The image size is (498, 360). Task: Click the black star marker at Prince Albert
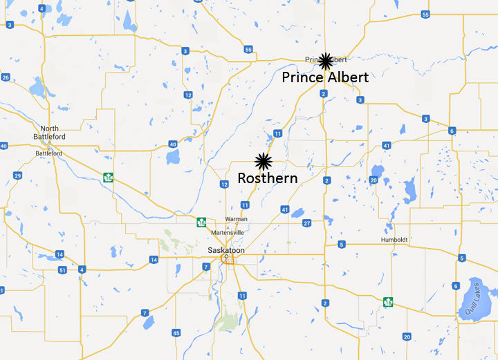pos(325,61)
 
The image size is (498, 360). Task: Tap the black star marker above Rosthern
pos(263,162)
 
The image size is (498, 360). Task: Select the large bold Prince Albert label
pos(325,77)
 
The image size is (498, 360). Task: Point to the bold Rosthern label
pos(268,178)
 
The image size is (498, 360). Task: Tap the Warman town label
pos(236,219)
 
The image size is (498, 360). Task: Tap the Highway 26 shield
pos(6,77)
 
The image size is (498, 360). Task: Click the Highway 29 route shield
pos(17,176)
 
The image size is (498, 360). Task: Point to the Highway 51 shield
pos(63,269)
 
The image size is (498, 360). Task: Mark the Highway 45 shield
pos(176,333)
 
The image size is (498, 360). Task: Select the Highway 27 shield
pos(306,223)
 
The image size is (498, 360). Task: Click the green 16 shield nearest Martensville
pos(201,222)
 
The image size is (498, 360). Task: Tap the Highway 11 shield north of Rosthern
pos(277,133)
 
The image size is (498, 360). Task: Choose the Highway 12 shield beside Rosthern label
pos(224,184)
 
